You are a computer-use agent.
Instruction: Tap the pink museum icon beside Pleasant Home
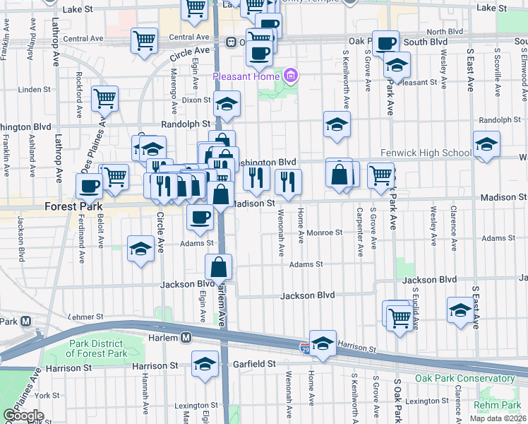point(290,75)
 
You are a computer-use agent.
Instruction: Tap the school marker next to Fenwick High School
point(487,145)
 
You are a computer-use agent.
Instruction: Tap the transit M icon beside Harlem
point(186,338)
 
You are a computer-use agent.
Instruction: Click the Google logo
point(23,416)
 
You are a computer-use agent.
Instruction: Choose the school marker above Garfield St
point(205,364)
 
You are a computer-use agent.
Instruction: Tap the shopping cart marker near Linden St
point(106,99)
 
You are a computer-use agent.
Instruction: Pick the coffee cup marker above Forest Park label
point(90,186)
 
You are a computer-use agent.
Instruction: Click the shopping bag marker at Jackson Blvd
point(219,267)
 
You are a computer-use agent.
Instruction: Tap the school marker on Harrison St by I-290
point(323,344)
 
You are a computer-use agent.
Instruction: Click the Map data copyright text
point(498,418)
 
